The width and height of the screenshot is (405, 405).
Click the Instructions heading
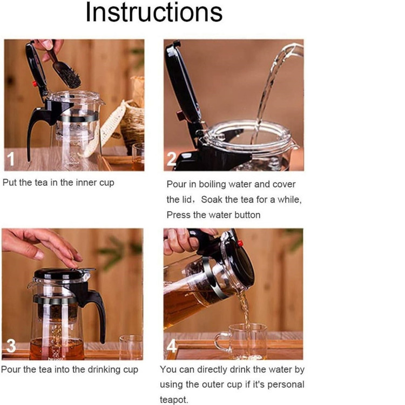[x=154, y=12]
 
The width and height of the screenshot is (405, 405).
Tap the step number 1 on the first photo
[x=11, y=159]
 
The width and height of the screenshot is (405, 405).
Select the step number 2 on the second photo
[x=172, y=159]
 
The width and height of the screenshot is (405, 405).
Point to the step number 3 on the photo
[x=11, y=346]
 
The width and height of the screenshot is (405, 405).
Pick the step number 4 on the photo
[x=172, y=346]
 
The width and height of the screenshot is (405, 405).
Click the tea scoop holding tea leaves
[x=66, y=69]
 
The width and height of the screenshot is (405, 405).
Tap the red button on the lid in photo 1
[x=35, y=84]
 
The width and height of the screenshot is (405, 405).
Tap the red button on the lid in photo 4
[x=240, y=243]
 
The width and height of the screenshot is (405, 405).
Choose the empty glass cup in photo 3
[x=131, y=347]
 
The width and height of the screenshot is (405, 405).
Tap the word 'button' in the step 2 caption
[x=247, y=215]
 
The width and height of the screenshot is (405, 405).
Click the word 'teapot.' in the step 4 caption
[x=174, y=400]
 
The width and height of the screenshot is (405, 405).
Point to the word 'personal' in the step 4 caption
[x=286, y=384]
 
